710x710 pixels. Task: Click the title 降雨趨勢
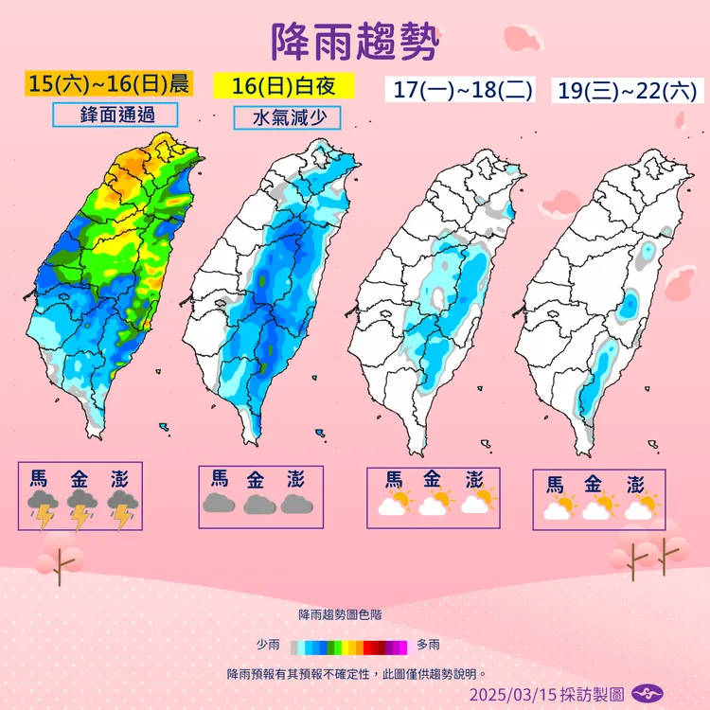coord(355,42)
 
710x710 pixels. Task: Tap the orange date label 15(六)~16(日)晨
coord(109,82)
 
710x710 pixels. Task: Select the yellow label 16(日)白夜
coord(284,84)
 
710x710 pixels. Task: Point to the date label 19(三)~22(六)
coord(628,91)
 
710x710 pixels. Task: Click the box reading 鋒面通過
coord(116,115)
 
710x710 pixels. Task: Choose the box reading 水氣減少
coord(288,119)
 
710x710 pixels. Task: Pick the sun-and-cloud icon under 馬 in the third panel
coord(392,502)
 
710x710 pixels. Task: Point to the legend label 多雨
coord(428,646)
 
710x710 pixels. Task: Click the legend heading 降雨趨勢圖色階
coord(341,615)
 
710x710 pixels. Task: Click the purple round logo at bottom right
coord(646,693)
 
